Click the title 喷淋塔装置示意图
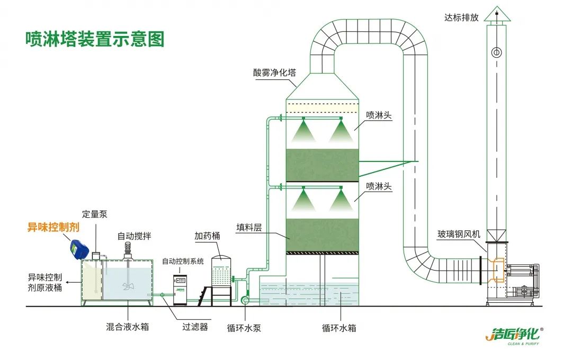(x=95, y=39)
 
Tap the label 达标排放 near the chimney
(x=461, y=17)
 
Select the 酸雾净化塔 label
(x=274, y=73)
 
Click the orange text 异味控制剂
(x=53, y=228)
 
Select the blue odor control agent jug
(x=79, y=249)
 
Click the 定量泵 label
(x=95, y=214)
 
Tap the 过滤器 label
(x=195, y=327)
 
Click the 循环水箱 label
(x=339, y=328)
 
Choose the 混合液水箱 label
(x=127, y=327)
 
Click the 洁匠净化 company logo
(x=514, y=335)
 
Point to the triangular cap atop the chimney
(x=497, y=14)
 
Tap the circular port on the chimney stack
(x=496, y=52)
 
